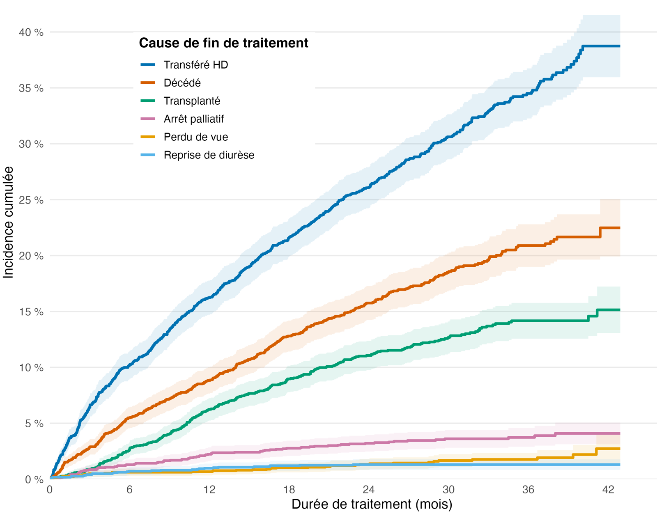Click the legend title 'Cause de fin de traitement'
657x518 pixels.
[223, 43]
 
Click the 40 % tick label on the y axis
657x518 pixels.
[31, 32]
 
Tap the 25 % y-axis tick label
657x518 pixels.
[31, 200]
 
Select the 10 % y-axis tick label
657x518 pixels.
[31, 367]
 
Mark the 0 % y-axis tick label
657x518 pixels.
[34, 479]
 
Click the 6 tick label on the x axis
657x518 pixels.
[129, 490]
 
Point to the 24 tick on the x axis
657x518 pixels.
[368, 490]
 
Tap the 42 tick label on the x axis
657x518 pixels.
[608, 490]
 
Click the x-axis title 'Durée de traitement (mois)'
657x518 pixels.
[372, 504]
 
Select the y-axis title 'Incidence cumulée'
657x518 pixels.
[8, 222]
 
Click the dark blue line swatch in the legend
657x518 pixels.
[148, 65]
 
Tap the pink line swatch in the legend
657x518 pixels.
[148, 119]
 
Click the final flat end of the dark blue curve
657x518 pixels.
[601, 46]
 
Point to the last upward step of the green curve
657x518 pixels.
[597, 313]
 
